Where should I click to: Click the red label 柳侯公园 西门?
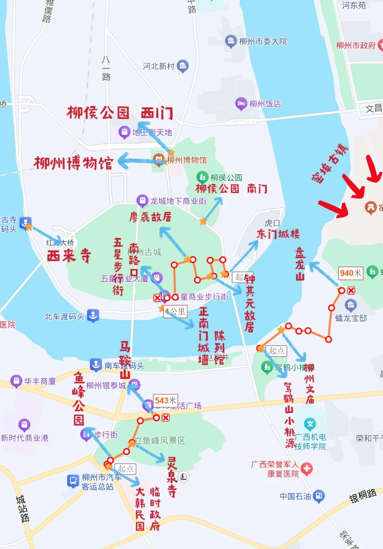tap(120, 113)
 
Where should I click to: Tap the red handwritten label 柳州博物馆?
tap(73, 163)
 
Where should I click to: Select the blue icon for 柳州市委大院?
tap(231, 41)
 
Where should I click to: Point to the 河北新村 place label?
tap(158, 66)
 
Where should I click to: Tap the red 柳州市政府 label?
tap(356, 45)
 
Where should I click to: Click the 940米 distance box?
tap(350, 273)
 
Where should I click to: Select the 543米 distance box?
tap(165, 400)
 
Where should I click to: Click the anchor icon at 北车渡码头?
tap(93, 315)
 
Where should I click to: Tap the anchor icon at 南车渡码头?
tap(96, 365)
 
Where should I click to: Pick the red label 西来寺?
tap(69, 256)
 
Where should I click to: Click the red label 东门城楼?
tap(278, 234)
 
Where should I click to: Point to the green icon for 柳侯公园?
tap(202, 177)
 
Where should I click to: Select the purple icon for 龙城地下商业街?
tap(142, 200)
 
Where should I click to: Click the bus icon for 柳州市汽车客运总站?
tap(73, 481)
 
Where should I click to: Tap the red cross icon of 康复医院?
tap(307, 469)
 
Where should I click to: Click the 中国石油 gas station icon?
tap(319, 496)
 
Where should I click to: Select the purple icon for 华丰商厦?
tap(16, 381)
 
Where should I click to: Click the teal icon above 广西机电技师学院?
tap(310, 423)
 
